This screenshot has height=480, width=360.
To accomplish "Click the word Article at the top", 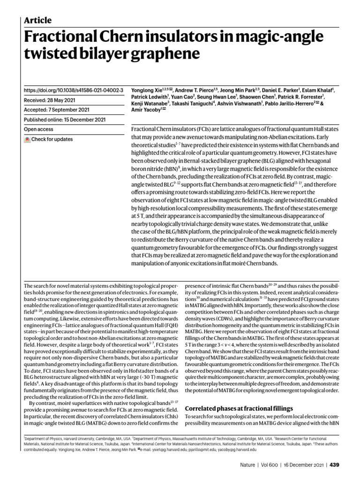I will (x=37, y=20).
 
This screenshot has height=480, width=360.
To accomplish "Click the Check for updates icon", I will (x=28, y=140).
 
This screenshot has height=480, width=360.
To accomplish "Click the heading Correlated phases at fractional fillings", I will (x=240, y=408).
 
